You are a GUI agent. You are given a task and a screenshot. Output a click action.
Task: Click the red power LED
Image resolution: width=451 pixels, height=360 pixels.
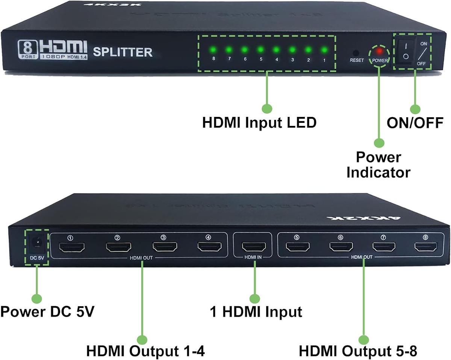[380, 50]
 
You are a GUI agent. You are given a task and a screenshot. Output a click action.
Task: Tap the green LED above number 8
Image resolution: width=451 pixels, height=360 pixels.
[212, 49]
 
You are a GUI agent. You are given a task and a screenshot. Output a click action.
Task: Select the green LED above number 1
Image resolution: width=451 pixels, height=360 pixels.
[324, 49]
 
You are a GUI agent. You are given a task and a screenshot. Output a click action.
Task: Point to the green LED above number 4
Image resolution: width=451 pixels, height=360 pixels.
[276, 49]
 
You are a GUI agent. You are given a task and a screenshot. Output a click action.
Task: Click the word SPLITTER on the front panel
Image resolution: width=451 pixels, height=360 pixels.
[123, 52]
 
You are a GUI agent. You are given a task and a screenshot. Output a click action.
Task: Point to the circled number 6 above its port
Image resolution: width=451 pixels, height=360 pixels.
[341, 237]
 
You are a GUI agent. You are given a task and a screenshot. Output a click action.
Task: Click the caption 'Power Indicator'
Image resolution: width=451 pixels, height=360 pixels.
[378, 165]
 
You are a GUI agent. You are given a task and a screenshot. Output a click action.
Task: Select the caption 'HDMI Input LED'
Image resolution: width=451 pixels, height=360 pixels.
[259, 123]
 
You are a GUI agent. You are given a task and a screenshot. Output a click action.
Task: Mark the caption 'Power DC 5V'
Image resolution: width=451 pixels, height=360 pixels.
[47, 312]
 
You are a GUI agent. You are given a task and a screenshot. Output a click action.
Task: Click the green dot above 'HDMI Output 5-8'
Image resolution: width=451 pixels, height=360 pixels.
[364, 340]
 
